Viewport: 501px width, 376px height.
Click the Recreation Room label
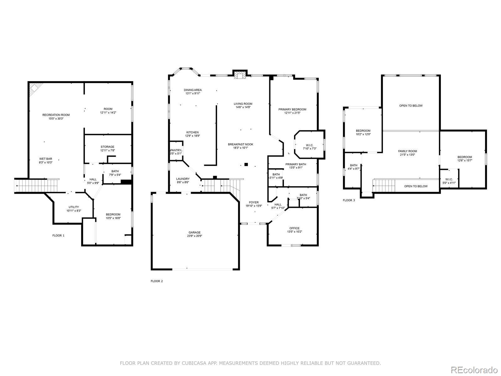coord(56,115)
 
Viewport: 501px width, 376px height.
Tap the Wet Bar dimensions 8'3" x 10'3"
coord(46,163)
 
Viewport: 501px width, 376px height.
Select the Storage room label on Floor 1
coord(107,147)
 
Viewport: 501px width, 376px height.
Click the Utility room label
coord(74,207)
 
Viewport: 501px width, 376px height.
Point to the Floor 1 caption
coord(58,235)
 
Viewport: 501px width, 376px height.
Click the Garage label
coord(194,232)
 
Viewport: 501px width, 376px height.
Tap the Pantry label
coord(176,150)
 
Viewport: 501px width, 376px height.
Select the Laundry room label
coord(183,179)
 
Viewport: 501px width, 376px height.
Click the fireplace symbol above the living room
coord(240,75)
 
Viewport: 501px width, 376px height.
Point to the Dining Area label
coord(193,90)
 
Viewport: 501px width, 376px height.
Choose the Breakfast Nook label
coord(240,144)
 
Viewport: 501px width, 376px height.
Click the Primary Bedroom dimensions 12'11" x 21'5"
coord(292,113)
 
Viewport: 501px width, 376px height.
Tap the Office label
coord(294,228)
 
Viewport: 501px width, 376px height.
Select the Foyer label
coord(254,202)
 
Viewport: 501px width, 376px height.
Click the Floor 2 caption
coord(157,281)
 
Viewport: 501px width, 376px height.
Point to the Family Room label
coord(407,151)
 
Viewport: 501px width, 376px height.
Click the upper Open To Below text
coord(411,106)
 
